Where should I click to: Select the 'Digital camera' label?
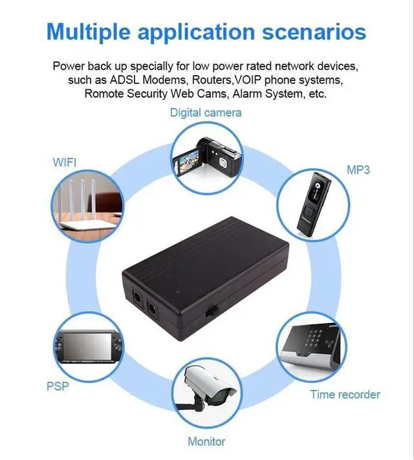pos(206,113)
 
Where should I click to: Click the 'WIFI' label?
pos(64,162)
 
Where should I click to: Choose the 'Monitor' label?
pos(206,441)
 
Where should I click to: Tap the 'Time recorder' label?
pos(345,394)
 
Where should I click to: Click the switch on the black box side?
pos(210,311)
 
